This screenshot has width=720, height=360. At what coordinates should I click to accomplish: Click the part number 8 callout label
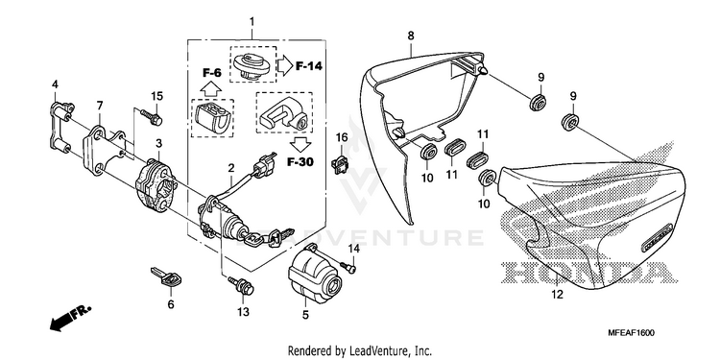411,36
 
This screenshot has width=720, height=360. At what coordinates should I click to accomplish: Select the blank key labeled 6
166,279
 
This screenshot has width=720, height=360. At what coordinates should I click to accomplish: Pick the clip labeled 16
340,165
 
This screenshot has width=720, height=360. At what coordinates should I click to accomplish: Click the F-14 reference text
308,66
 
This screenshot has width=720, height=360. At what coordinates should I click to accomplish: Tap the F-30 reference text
300,161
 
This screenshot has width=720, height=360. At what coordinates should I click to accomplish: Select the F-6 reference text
212,72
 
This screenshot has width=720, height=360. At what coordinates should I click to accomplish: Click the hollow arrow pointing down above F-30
300,144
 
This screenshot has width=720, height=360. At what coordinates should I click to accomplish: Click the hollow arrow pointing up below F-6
212,87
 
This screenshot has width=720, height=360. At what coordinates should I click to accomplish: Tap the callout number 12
557,295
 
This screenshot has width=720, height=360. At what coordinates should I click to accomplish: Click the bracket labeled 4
61,127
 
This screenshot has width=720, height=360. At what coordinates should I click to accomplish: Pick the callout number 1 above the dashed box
252,21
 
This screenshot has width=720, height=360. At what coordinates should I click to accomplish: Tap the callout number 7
100,106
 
